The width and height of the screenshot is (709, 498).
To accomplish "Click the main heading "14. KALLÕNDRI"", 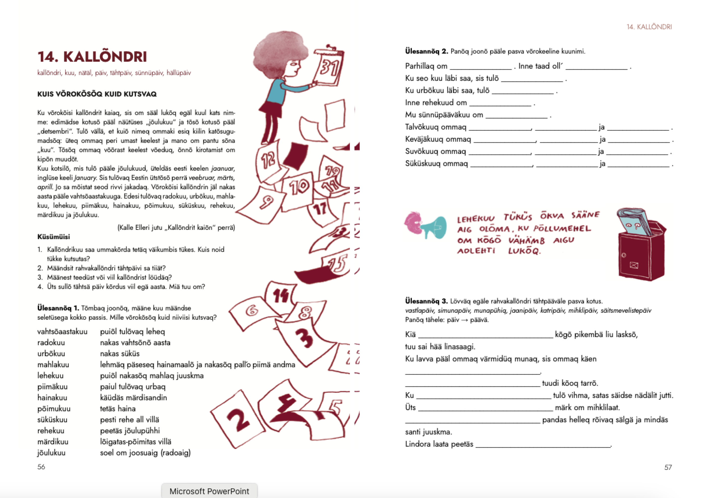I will pos(92,57).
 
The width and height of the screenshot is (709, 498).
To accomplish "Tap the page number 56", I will pos(41,467).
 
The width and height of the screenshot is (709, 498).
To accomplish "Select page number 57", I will pos(668,467).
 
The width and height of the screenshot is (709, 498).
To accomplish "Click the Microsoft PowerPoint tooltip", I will pos(209,491).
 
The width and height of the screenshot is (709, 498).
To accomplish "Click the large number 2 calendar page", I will pos(238,420).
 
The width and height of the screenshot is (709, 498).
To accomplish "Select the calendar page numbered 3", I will pos(304,338).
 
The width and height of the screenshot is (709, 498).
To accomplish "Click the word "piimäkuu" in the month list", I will pos(53,386).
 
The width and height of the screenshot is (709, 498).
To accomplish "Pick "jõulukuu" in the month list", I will pos(51,453).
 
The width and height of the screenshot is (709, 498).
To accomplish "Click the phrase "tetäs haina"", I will pos(118,408).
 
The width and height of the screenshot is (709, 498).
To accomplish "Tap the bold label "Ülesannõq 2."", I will pos(426,51).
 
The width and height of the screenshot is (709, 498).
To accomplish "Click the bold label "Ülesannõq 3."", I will pos(426,301).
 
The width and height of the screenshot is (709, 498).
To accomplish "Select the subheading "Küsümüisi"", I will pos(54,237).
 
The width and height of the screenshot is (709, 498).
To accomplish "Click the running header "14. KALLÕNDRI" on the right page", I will pos(649,27).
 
